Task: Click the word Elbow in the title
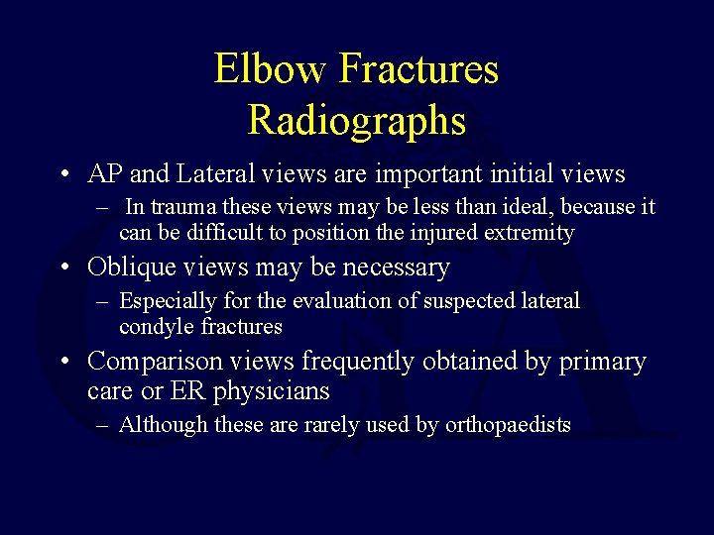270,69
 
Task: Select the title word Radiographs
356,120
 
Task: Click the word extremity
525,233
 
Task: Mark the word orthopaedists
508,425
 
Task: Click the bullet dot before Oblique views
63,268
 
